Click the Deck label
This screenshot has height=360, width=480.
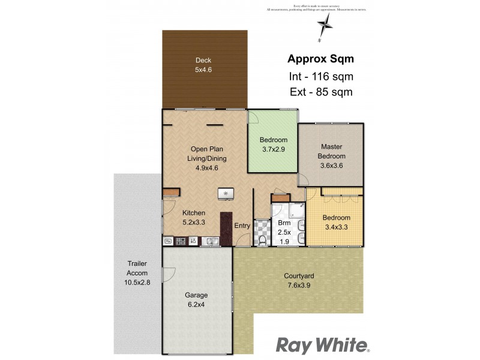tap(203, 60)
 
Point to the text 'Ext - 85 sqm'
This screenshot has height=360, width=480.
tap(320, 92)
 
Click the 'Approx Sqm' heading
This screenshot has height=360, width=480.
tap(320, 59)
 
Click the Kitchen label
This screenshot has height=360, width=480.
tap(194, 213)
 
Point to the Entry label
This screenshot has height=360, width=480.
tap(242, 226)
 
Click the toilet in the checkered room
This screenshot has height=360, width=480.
tap(262, 241)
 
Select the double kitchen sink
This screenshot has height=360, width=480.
tap(210, 241)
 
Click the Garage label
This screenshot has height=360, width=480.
tap(196, 295)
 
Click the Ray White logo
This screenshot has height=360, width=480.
tap(323, 345)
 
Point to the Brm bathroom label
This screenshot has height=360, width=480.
tap(284, 223)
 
